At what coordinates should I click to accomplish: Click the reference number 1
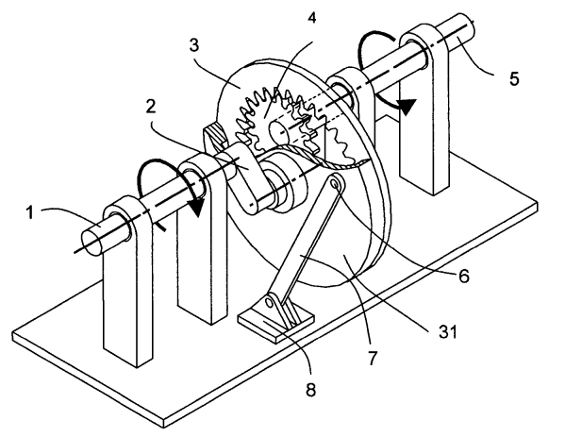click(x=30, y=212)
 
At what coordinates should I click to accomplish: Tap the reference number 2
click(x=151, y=107)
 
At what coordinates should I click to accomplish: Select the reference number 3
click(x=194, y=46)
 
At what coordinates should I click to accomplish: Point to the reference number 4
click(x=311, y=17)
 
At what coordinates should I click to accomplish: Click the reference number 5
click(x=514, y=78)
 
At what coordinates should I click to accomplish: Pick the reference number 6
click(x=464, y=276)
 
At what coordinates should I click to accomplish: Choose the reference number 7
click(x=373, y=358)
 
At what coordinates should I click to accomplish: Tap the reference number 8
click(x=310, y=390)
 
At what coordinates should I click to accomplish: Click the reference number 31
click(x=448, y=331)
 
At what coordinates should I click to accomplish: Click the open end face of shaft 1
click(x=91, y=244)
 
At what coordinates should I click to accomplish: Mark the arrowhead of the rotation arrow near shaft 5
click(x=407, y=107)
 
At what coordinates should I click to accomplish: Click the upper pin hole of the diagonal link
click(x=336, y=185)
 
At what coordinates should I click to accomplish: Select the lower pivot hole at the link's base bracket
click(x=269, y=302)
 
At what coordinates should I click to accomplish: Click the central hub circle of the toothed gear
click(x=278, y=131)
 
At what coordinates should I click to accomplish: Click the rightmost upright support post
click(x=426, y=109)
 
